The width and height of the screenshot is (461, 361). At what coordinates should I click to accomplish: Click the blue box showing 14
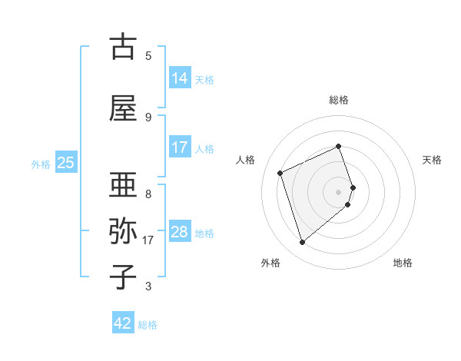[x=180, y=78]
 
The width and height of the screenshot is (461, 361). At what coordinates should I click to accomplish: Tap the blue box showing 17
[x=180, y=147]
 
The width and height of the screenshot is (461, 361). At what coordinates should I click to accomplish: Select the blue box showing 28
[x=180, y=232]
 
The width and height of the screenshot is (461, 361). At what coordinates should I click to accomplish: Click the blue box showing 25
[x=65, y=163]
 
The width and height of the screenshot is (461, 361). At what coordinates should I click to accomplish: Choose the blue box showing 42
[x=123, y=323]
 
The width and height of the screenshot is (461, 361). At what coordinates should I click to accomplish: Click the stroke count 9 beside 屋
[x=148, y=117]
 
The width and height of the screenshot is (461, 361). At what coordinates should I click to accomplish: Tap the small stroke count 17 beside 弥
[x=149, y=240]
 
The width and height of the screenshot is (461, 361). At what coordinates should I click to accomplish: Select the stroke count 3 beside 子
[x=148, y=286]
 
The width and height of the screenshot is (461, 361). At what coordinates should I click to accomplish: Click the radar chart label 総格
[x=339, y=100]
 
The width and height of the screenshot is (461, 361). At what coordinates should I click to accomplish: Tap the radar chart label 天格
[x=433, y=160]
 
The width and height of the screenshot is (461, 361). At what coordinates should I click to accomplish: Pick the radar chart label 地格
[x=403, y=263]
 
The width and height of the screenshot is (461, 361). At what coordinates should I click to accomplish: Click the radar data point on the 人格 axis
[x=280, y=173]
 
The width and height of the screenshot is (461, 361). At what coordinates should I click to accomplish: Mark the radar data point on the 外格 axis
[x=302, y=243]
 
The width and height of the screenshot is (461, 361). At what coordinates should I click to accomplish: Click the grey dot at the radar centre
[x=339, y=191]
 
